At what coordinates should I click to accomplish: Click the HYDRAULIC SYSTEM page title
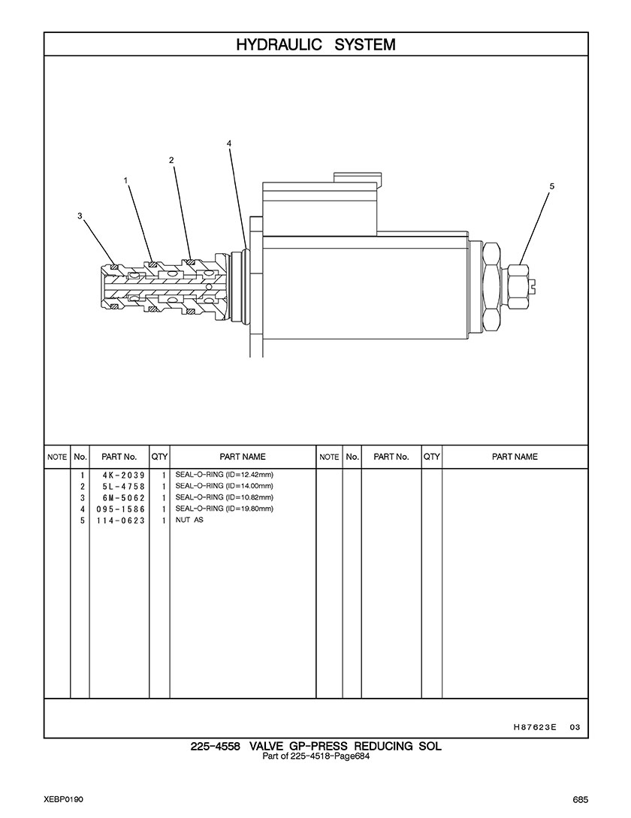pos(315,45)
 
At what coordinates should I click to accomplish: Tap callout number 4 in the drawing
pos(229,143)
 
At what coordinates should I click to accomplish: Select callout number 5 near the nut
pos(551,186)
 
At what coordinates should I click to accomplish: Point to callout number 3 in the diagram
pos(80,216)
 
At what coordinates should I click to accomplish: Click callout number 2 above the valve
pos(171,160)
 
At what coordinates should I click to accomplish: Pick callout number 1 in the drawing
pos(125,180)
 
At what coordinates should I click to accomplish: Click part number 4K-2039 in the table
pos(124,475)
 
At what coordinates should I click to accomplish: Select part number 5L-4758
pos(124,487)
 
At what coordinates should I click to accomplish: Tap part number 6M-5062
pos(124,498)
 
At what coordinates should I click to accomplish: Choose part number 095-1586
pos(120,509)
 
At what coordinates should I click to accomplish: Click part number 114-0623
pos(120,521)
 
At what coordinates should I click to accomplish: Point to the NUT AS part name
pos(189,520)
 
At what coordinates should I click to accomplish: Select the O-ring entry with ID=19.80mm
pos(225,509)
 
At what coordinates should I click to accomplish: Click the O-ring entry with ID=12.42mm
pos(225,475)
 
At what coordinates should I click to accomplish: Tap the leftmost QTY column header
pos(159,457)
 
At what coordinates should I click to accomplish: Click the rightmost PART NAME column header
pos(515,457)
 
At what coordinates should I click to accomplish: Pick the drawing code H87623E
pos(535,726)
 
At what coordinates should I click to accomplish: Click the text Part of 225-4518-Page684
pos(315,756)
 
